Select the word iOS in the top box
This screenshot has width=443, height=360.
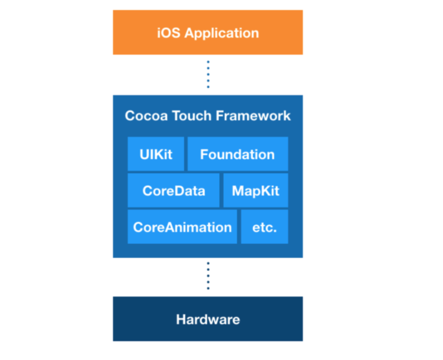point(168,33)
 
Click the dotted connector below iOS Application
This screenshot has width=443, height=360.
point(208,74)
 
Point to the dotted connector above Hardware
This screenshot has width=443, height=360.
point(208,276)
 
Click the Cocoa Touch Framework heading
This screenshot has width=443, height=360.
point(207,116)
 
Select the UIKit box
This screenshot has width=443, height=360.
point(156,154)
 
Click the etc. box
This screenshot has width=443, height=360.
point(265,227)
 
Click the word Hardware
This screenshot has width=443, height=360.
point(208,319)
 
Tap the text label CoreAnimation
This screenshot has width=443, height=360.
point(182,227)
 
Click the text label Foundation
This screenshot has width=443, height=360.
point(238,155)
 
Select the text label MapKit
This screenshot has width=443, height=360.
point(256,191)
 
